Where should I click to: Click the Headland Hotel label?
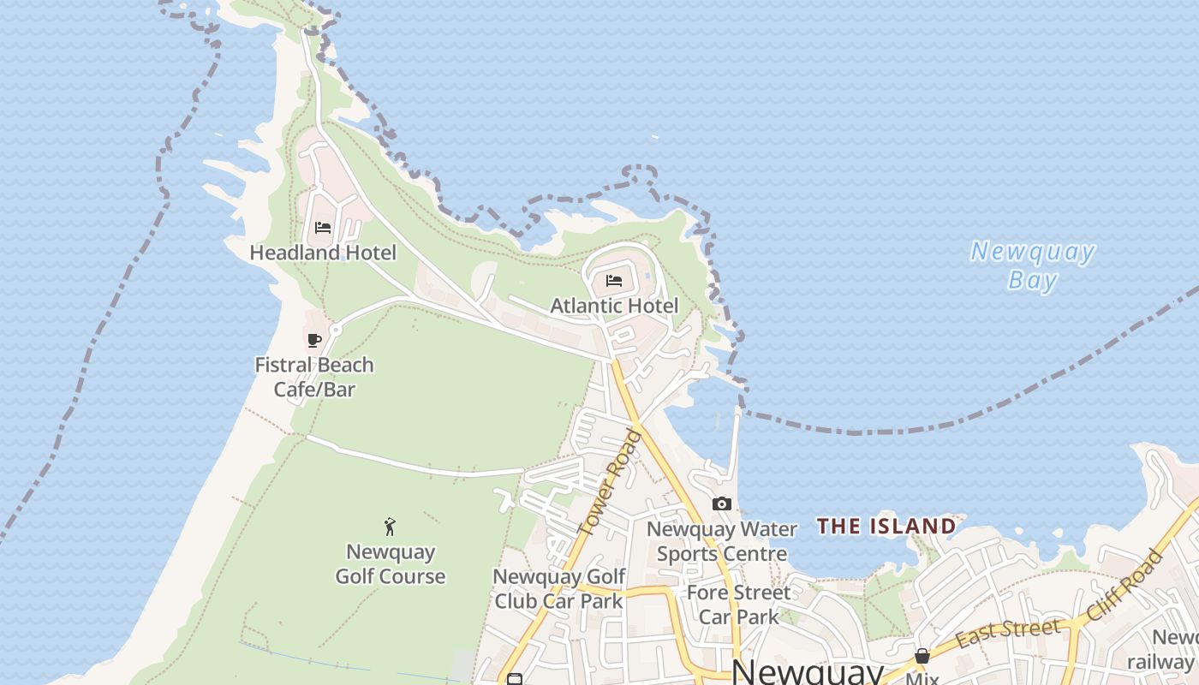click(x=323, y=253)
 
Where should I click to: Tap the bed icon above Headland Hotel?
click(x=323, y=228)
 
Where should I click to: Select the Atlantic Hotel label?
click(x=614, y=306)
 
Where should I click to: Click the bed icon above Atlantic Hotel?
click(x=614, y=281)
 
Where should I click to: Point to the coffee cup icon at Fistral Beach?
click(x=314, y=341)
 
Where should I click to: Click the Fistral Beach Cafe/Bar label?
click(x=314, y=377)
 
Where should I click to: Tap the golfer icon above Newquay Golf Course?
click(x=391, y=527)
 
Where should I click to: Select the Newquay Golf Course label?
click(x=391, y=563)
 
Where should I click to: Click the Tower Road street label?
click(x=610, y=484)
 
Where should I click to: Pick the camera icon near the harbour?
click(x=722, y=503)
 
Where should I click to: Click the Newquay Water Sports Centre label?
click(x=722, y=541)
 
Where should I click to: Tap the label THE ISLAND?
click(x=886, y=526)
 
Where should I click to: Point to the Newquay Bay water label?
click(x=1033, y=265)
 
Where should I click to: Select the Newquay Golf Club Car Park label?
click(x=558, y=588)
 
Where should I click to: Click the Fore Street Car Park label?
click(x=739, y=604)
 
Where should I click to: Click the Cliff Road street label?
click(x=1126, y=586)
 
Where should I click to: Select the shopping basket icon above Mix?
click(x=922, y=656)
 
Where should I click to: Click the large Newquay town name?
click(x=808, y=672)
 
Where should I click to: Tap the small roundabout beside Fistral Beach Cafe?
click(x=336, y=330)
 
